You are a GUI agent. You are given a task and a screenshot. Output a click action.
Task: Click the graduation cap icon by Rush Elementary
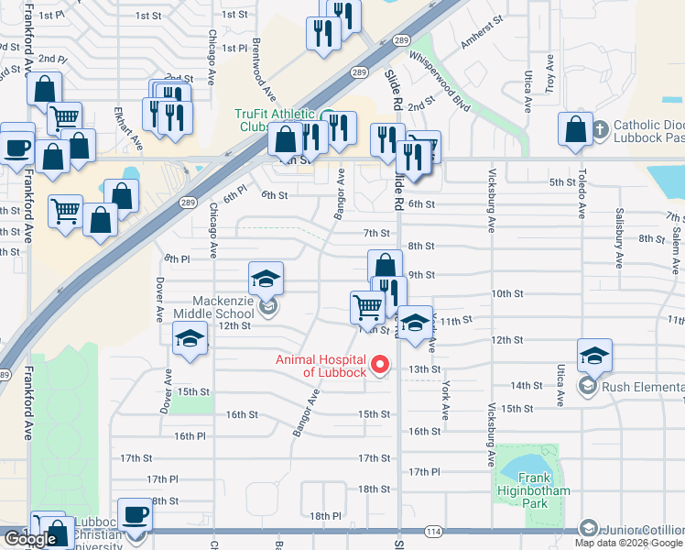(594, 356)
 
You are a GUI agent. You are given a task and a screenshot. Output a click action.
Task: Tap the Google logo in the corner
(31, 539)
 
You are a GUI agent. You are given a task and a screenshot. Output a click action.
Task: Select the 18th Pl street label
(325, 516)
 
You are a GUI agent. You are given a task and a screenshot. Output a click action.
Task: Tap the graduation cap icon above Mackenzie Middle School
(266, 278)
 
